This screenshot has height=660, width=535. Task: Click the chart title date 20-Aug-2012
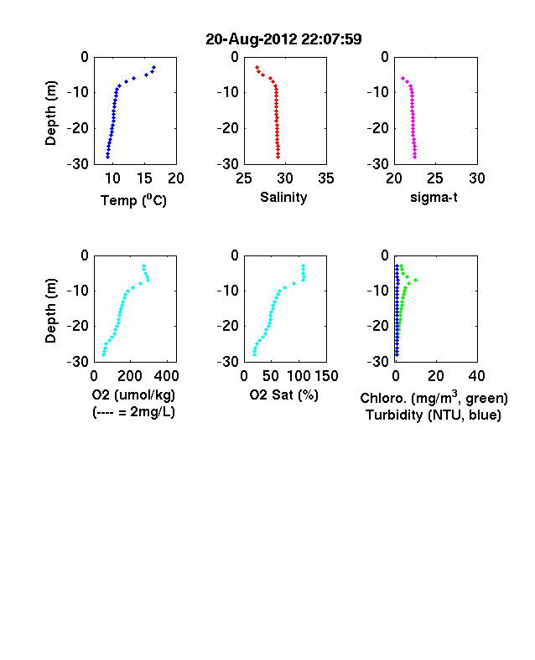pyautogui.click(x=252, y=39)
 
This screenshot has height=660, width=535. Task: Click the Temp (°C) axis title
pyautogui.click(x=133, y=200)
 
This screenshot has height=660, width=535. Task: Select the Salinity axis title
pyautogui.click(x=283, y=198)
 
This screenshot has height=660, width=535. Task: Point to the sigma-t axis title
pyautogui.click(x=434, y=198)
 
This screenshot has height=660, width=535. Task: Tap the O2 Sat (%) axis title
pyautogui.click(x=283, y=394)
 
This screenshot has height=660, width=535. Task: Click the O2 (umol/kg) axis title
pyautogui.click(x=133, y=394)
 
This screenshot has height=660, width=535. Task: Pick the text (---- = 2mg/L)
pyautogui.click(x=133, y=411)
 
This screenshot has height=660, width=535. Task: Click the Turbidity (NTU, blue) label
pyautogui.click(x=434, y=415)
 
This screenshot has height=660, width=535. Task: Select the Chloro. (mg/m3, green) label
pyautogui.click(x=434, y=398)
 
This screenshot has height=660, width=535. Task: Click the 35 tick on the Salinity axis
pyautogui.click(x=326, y=178)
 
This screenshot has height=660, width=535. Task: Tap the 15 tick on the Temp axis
pyautogui.click(x=144, y=178)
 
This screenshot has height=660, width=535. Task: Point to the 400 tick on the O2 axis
pyautogui.click(x=167, y=376)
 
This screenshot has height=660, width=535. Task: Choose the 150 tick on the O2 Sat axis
pyautogui.click(x=326, y=376)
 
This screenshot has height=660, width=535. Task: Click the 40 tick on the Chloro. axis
pyautogui.click(x=476, y=376)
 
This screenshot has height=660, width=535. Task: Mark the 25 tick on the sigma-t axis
pyautogui.click(x=434, y=178)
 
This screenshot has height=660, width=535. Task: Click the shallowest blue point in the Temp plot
pyautogui.click(x=154, y=67)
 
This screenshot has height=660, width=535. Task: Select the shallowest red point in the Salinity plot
pyautogui.click(x=257, y=67)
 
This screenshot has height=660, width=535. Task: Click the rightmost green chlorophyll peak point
pyautogui.click(x=416, y=280)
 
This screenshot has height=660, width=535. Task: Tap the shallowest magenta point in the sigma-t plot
pyautogui.click(x=403, y=78)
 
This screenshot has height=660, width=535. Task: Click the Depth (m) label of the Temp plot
pyautogui.click(x=50, y=113)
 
